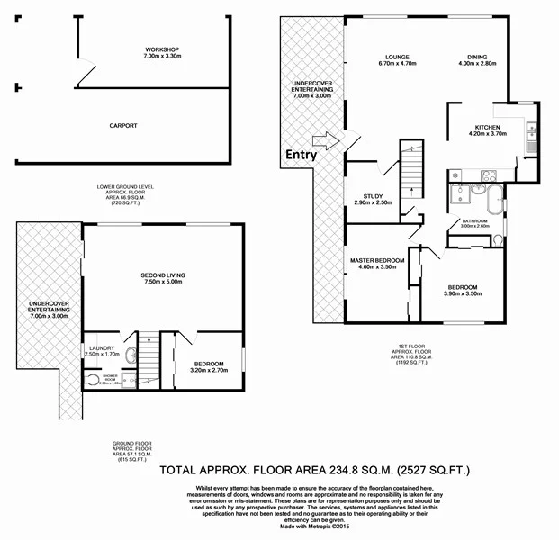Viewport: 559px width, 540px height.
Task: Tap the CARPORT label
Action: pos(123,125)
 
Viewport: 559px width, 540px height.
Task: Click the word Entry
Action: pos(302,154)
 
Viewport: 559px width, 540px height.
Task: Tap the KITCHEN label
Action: pos(488,128)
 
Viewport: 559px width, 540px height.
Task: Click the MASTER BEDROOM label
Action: pos(377,260)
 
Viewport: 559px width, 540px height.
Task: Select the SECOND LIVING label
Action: pos(162,274)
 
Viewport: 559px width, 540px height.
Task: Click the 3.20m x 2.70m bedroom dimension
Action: pos(209,369)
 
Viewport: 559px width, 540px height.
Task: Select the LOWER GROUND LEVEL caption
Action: pos(126,187)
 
